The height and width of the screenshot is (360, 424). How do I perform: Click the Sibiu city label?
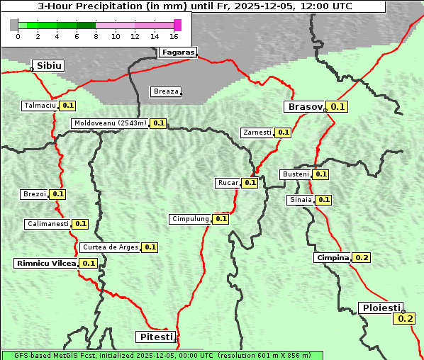point(49,66)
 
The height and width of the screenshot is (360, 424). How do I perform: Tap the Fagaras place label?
point(177,52)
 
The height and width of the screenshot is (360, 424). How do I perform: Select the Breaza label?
point(166,91)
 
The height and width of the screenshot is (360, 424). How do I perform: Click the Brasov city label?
point(304,107)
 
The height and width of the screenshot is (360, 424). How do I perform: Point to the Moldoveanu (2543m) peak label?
point(111,123)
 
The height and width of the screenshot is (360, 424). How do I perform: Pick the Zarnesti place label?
point(257,133)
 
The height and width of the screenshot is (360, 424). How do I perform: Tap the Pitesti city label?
point(155,336)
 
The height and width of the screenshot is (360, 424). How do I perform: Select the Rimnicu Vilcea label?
point(46,263)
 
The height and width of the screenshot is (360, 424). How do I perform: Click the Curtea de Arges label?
point(110,247)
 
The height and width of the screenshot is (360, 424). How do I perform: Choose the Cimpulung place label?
point(190,219)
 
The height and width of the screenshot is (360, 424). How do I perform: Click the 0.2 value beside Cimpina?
point(362,257)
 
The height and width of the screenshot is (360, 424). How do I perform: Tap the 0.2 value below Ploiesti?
point(406,319)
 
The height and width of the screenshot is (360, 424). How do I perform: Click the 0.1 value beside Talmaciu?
point(68,106)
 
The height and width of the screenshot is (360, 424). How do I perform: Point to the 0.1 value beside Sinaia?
point(323,200)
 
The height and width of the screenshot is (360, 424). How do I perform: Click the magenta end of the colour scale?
point(177,25)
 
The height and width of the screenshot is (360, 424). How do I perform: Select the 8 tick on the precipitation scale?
point(96,35)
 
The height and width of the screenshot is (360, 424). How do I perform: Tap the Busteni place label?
point(296,174)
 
